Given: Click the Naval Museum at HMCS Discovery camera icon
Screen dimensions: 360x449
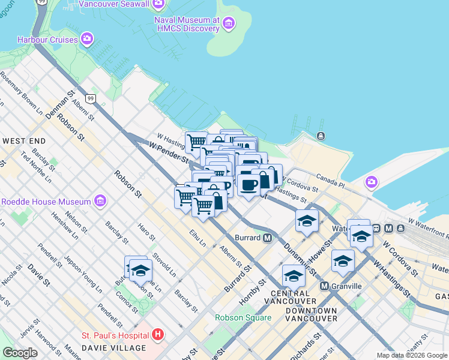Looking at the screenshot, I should [228, 23].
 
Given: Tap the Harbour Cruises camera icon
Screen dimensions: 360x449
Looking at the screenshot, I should [87, 40].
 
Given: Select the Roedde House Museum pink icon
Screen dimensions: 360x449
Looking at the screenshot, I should [100, 201].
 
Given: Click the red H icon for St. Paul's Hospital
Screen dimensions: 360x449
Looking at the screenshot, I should [158, 334].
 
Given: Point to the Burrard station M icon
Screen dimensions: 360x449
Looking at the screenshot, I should [268, 238].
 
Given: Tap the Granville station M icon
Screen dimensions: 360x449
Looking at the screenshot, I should [325, 286].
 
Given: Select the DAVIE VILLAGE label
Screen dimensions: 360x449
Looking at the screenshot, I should [115, 348].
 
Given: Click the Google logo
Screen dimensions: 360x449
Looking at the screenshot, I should [20, 353].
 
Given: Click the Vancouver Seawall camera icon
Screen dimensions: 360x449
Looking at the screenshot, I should [158, 4].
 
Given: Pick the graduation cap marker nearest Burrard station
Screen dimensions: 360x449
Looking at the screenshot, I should [307, 221].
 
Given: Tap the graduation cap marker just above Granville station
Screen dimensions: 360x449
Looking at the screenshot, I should [343, 261].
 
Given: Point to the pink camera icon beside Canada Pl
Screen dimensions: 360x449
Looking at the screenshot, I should [372, 181].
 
